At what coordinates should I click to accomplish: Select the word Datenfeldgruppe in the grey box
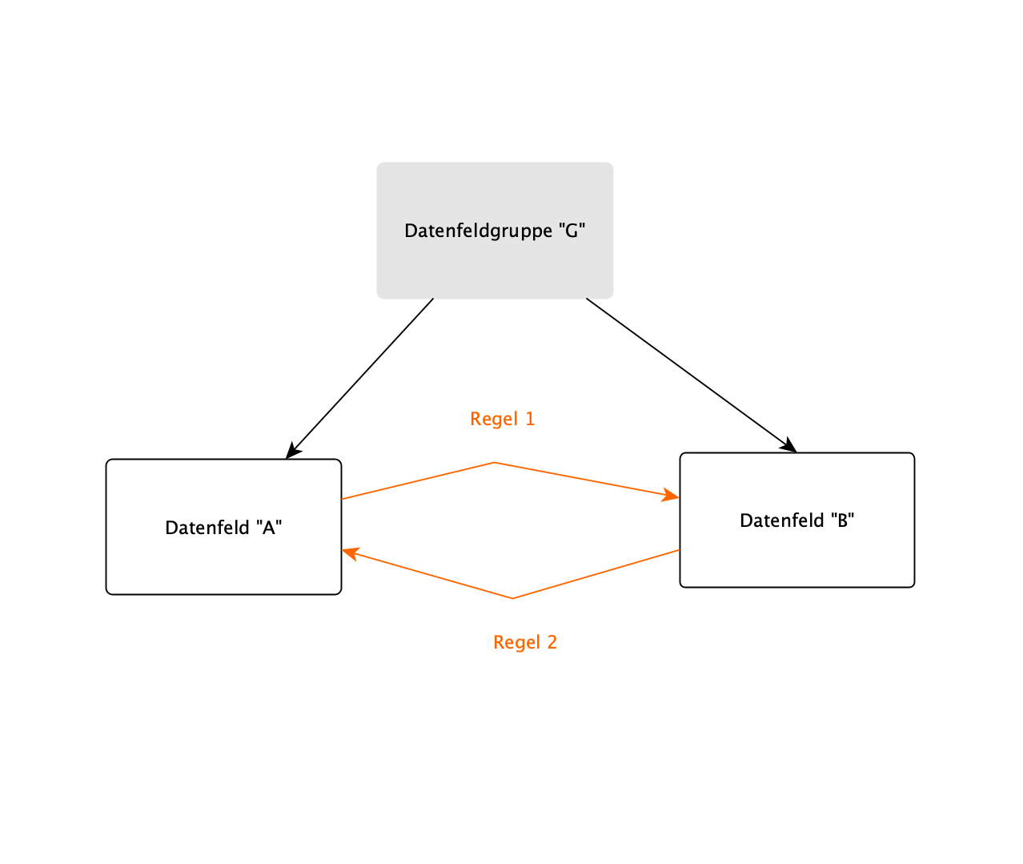coord(478,231)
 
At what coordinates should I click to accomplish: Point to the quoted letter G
coord(572,231)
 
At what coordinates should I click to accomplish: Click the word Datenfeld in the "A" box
coord(207,528)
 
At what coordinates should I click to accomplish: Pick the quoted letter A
coord(269,528)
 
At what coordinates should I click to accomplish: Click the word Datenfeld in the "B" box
coord(781,520)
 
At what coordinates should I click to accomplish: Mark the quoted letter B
coord(842,520)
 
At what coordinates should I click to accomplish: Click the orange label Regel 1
coord(502,419)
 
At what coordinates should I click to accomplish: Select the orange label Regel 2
coord(524,642)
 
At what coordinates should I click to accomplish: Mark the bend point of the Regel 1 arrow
coord(495,462)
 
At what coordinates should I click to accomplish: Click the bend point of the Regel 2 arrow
coord(512,598)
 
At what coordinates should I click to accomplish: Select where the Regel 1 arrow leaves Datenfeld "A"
coord(343,499)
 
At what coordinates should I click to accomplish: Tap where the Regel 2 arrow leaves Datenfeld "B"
coord(679,550)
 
